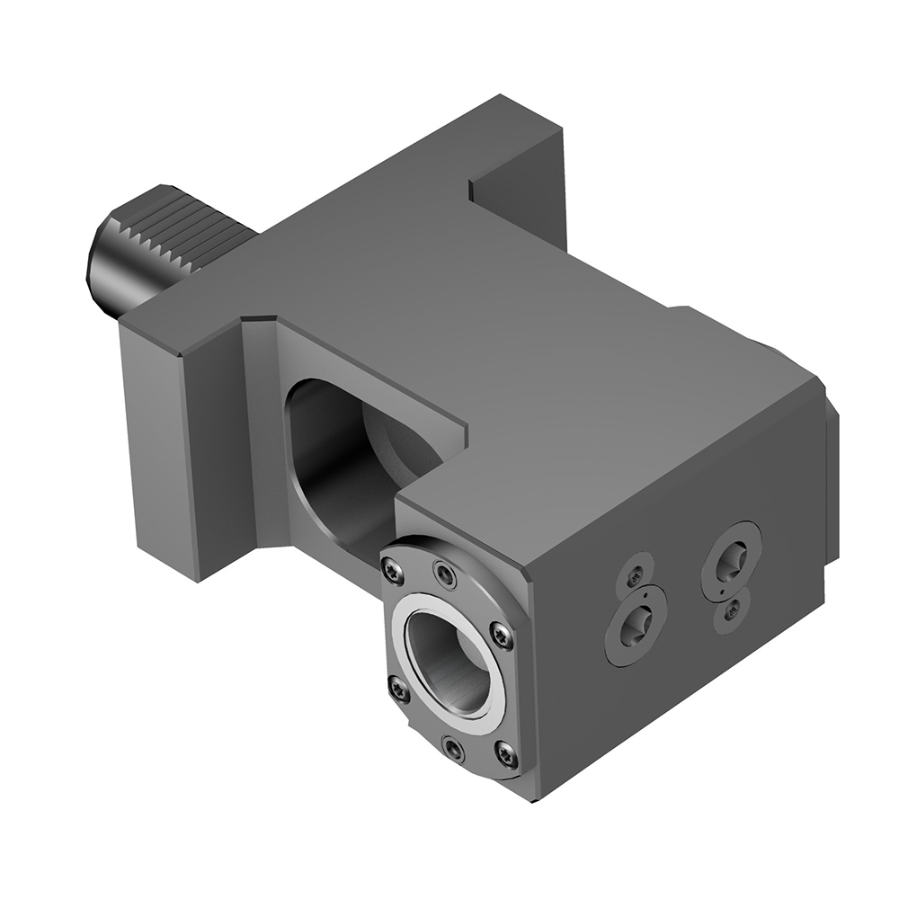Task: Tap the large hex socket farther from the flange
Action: pyautogui.click(x=731, y=561)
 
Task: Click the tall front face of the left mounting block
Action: pyautogui.click(x=157, y=449)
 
